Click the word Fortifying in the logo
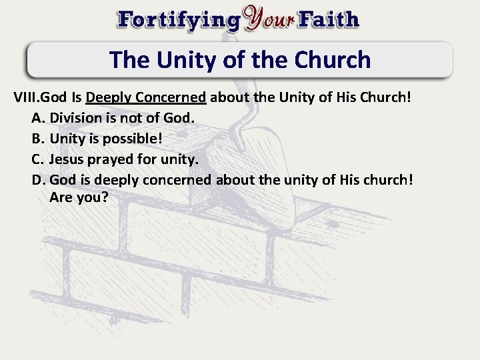178,19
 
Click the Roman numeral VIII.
27,97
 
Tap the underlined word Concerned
170,97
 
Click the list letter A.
37,117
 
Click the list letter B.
37,138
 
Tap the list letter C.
37,159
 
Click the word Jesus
67,159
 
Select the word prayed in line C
111,159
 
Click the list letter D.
37,179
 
